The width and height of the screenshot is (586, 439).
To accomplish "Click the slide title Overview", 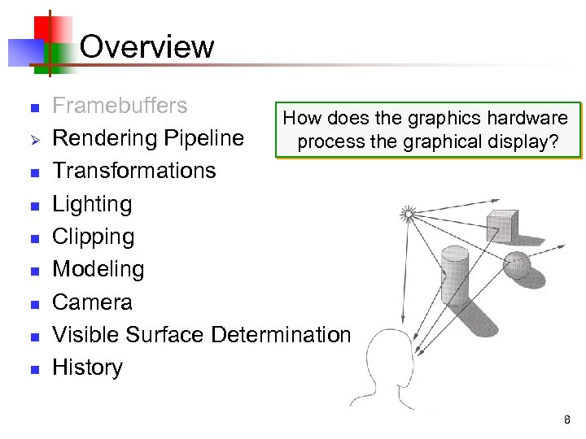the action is pos(147,46).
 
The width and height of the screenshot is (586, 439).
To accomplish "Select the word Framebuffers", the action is pos(120,106).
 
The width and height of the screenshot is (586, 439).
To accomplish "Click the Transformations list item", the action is pos(133,171).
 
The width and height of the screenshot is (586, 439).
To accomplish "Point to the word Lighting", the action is pos(92,204).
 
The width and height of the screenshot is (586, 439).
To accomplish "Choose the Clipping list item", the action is pos(93,237).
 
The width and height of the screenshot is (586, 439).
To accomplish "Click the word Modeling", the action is pos(98,269).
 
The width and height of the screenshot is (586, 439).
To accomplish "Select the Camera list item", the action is pos(92,302).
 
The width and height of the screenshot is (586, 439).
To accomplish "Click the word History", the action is pos(87,367).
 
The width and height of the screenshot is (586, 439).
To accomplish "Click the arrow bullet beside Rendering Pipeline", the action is pos(33,139).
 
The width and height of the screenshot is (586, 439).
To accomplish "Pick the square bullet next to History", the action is pos(33,368).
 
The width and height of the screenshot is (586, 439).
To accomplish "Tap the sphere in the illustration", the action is pos(518,264).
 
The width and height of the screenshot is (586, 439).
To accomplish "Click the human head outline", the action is pos(389,370).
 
